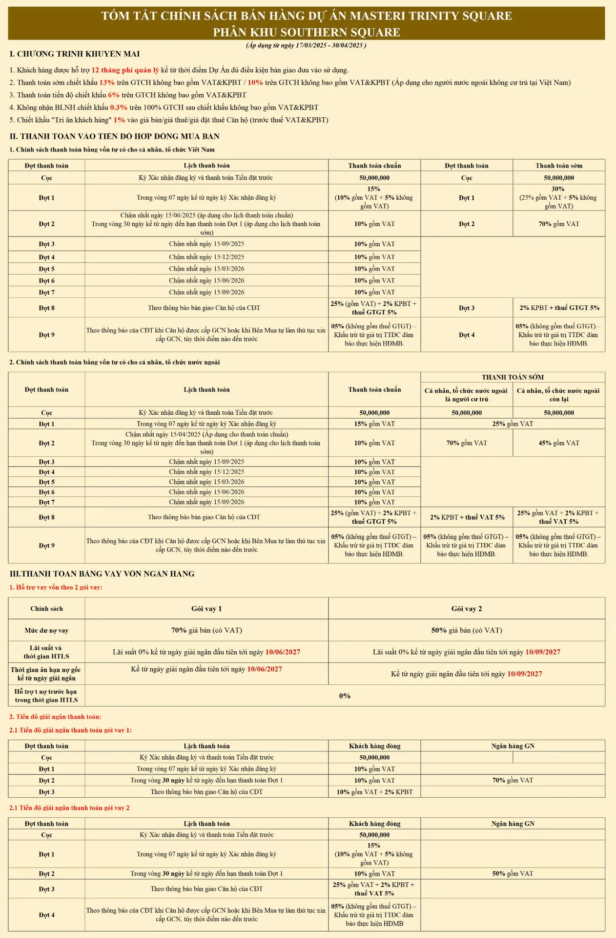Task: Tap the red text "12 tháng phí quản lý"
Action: (125, 70)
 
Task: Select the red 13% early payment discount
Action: (107, 83)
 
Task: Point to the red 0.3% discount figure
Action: (119, 107)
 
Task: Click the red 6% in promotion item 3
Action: (114, 95)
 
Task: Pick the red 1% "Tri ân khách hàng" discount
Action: (119, 120)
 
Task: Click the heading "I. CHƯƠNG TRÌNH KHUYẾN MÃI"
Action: (75, 54)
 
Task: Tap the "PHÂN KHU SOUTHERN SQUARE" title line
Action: (307, 32)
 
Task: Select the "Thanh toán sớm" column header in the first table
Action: (558, 166)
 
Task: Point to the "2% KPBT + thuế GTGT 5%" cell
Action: (559, 308)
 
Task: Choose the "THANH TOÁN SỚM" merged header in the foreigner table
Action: (513, 377)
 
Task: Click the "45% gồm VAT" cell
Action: (559, 443)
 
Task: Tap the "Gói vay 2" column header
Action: (466, 609)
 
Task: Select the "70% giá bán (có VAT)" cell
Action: (206, 630)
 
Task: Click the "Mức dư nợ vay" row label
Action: (46, 631)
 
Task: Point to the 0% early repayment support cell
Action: (345, 696)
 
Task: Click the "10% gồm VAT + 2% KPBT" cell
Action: (374, 792)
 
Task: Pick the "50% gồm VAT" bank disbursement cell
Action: (513, 874)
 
